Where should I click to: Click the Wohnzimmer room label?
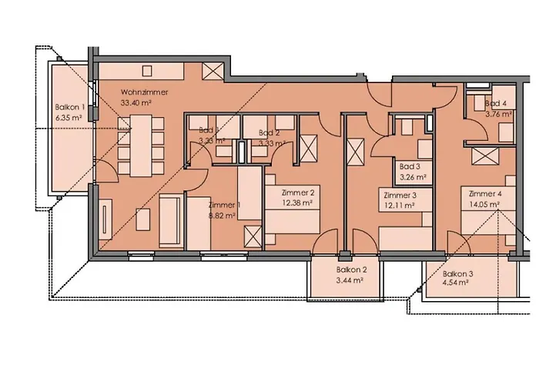(x=144, y=92)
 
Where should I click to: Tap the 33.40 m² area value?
(x=144, y=101)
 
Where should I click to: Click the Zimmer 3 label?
(x=400, y=196)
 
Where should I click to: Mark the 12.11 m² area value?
(x=400, y=206)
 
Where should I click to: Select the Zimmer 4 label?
(x=485, y=194)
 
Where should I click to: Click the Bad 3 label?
(x=410, y=166)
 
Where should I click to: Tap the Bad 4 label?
(x=497, y=104)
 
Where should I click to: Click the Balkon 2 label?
(x=350, y=270)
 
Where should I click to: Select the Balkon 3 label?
(x=457, y=273)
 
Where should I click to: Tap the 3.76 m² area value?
(x=497, y=114)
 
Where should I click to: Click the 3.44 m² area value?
(x=350, y=280)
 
